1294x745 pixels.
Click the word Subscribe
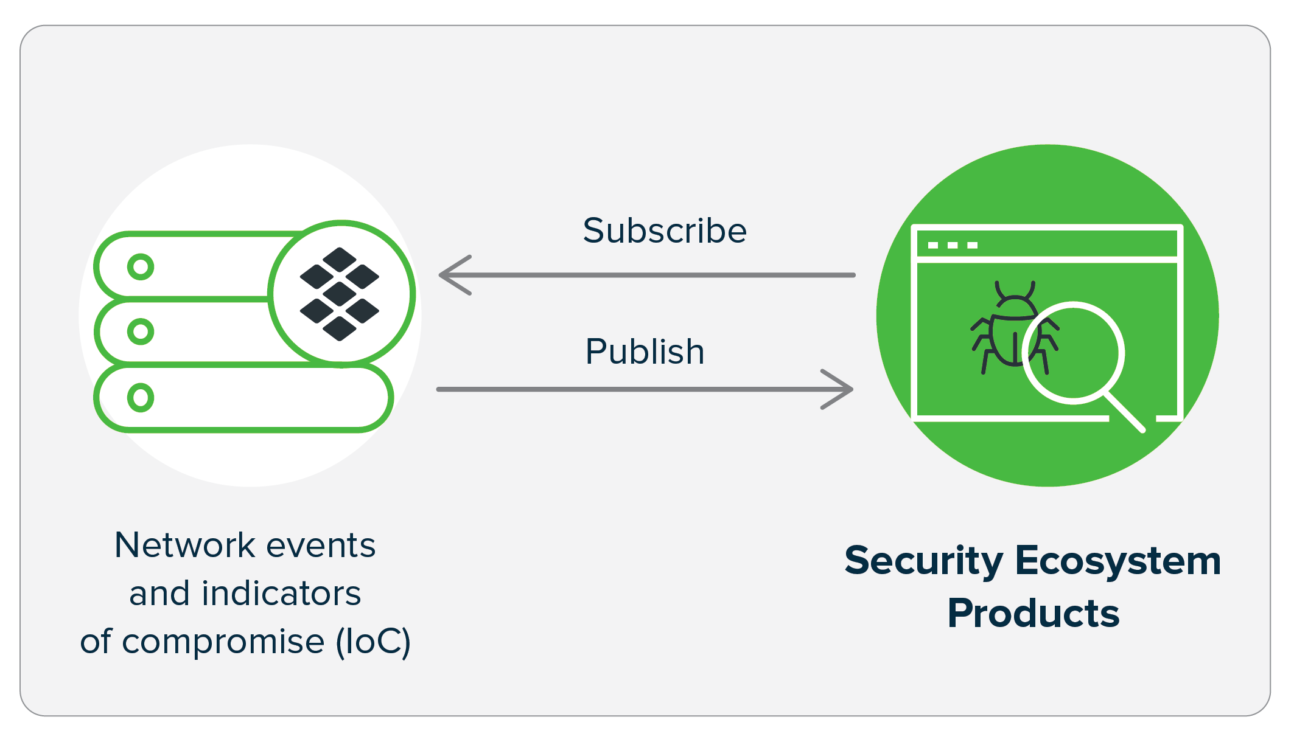click(664, 230)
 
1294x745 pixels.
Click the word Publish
click(645, 352)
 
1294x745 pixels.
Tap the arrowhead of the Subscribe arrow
click(453, 275)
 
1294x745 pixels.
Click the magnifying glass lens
click(1074, 353)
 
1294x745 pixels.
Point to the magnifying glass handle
click(1125, 412)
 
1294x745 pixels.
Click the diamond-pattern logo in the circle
click(340, 294)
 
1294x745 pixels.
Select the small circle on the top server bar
click(141, 266)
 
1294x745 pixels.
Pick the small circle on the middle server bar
click(141, 331)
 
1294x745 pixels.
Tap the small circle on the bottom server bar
click(141, 398)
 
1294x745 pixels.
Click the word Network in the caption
click(183, 545)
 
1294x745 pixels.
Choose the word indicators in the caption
click(281, 594)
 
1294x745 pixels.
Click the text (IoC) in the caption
click(373, 642)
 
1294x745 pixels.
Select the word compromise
click(223, 642)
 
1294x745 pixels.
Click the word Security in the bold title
click(923, 561)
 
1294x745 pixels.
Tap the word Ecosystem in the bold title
click(1117, 561)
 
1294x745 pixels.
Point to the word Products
click(1033, 613)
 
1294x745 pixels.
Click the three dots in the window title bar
click(953, 245)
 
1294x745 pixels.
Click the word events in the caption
click(321, 545)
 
